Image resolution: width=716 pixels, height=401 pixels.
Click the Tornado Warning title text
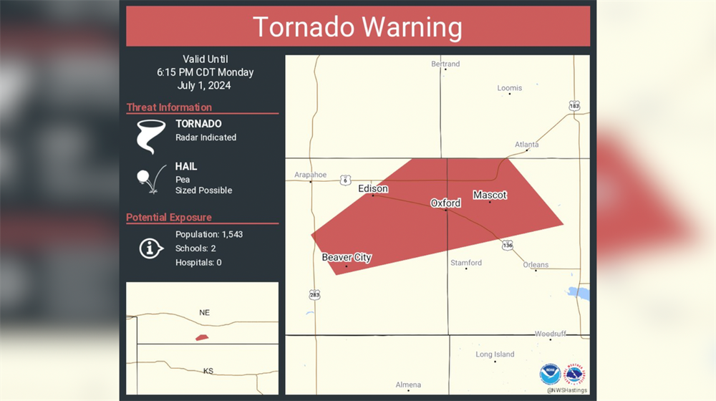tap(357, 26)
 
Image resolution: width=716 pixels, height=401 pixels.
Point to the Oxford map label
tap(445, 203)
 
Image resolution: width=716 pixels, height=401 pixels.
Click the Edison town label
tap(373, 188)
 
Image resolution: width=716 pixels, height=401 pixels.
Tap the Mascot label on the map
tap(490, 195)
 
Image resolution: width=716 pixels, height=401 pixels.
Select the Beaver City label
tap(347, 257)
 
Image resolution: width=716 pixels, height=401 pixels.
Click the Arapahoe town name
tap(310, 174)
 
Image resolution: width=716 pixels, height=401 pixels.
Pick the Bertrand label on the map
tap(445, 64)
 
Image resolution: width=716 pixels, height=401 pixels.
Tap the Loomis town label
tap(510, 88)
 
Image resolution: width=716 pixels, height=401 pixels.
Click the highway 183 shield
tap(574, 105)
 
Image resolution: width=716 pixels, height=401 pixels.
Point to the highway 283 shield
tap(315, 294)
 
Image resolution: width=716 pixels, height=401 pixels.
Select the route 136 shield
tap(507, 244)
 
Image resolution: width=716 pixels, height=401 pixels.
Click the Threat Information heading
tap(169, 107)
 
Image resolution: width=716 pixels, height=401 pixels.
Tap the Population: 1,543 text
tap(209, 234)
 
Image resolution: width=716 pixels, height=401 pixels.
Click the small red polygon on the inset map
tap(202, 337)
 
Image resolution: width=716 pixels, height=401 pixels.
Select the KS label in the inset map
tap(208, 371)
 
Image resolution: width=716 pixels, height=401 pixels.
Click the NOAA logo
tap(550, 374)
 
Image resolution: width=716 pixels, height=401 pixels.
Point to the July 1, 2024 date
tap(205, 85)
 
